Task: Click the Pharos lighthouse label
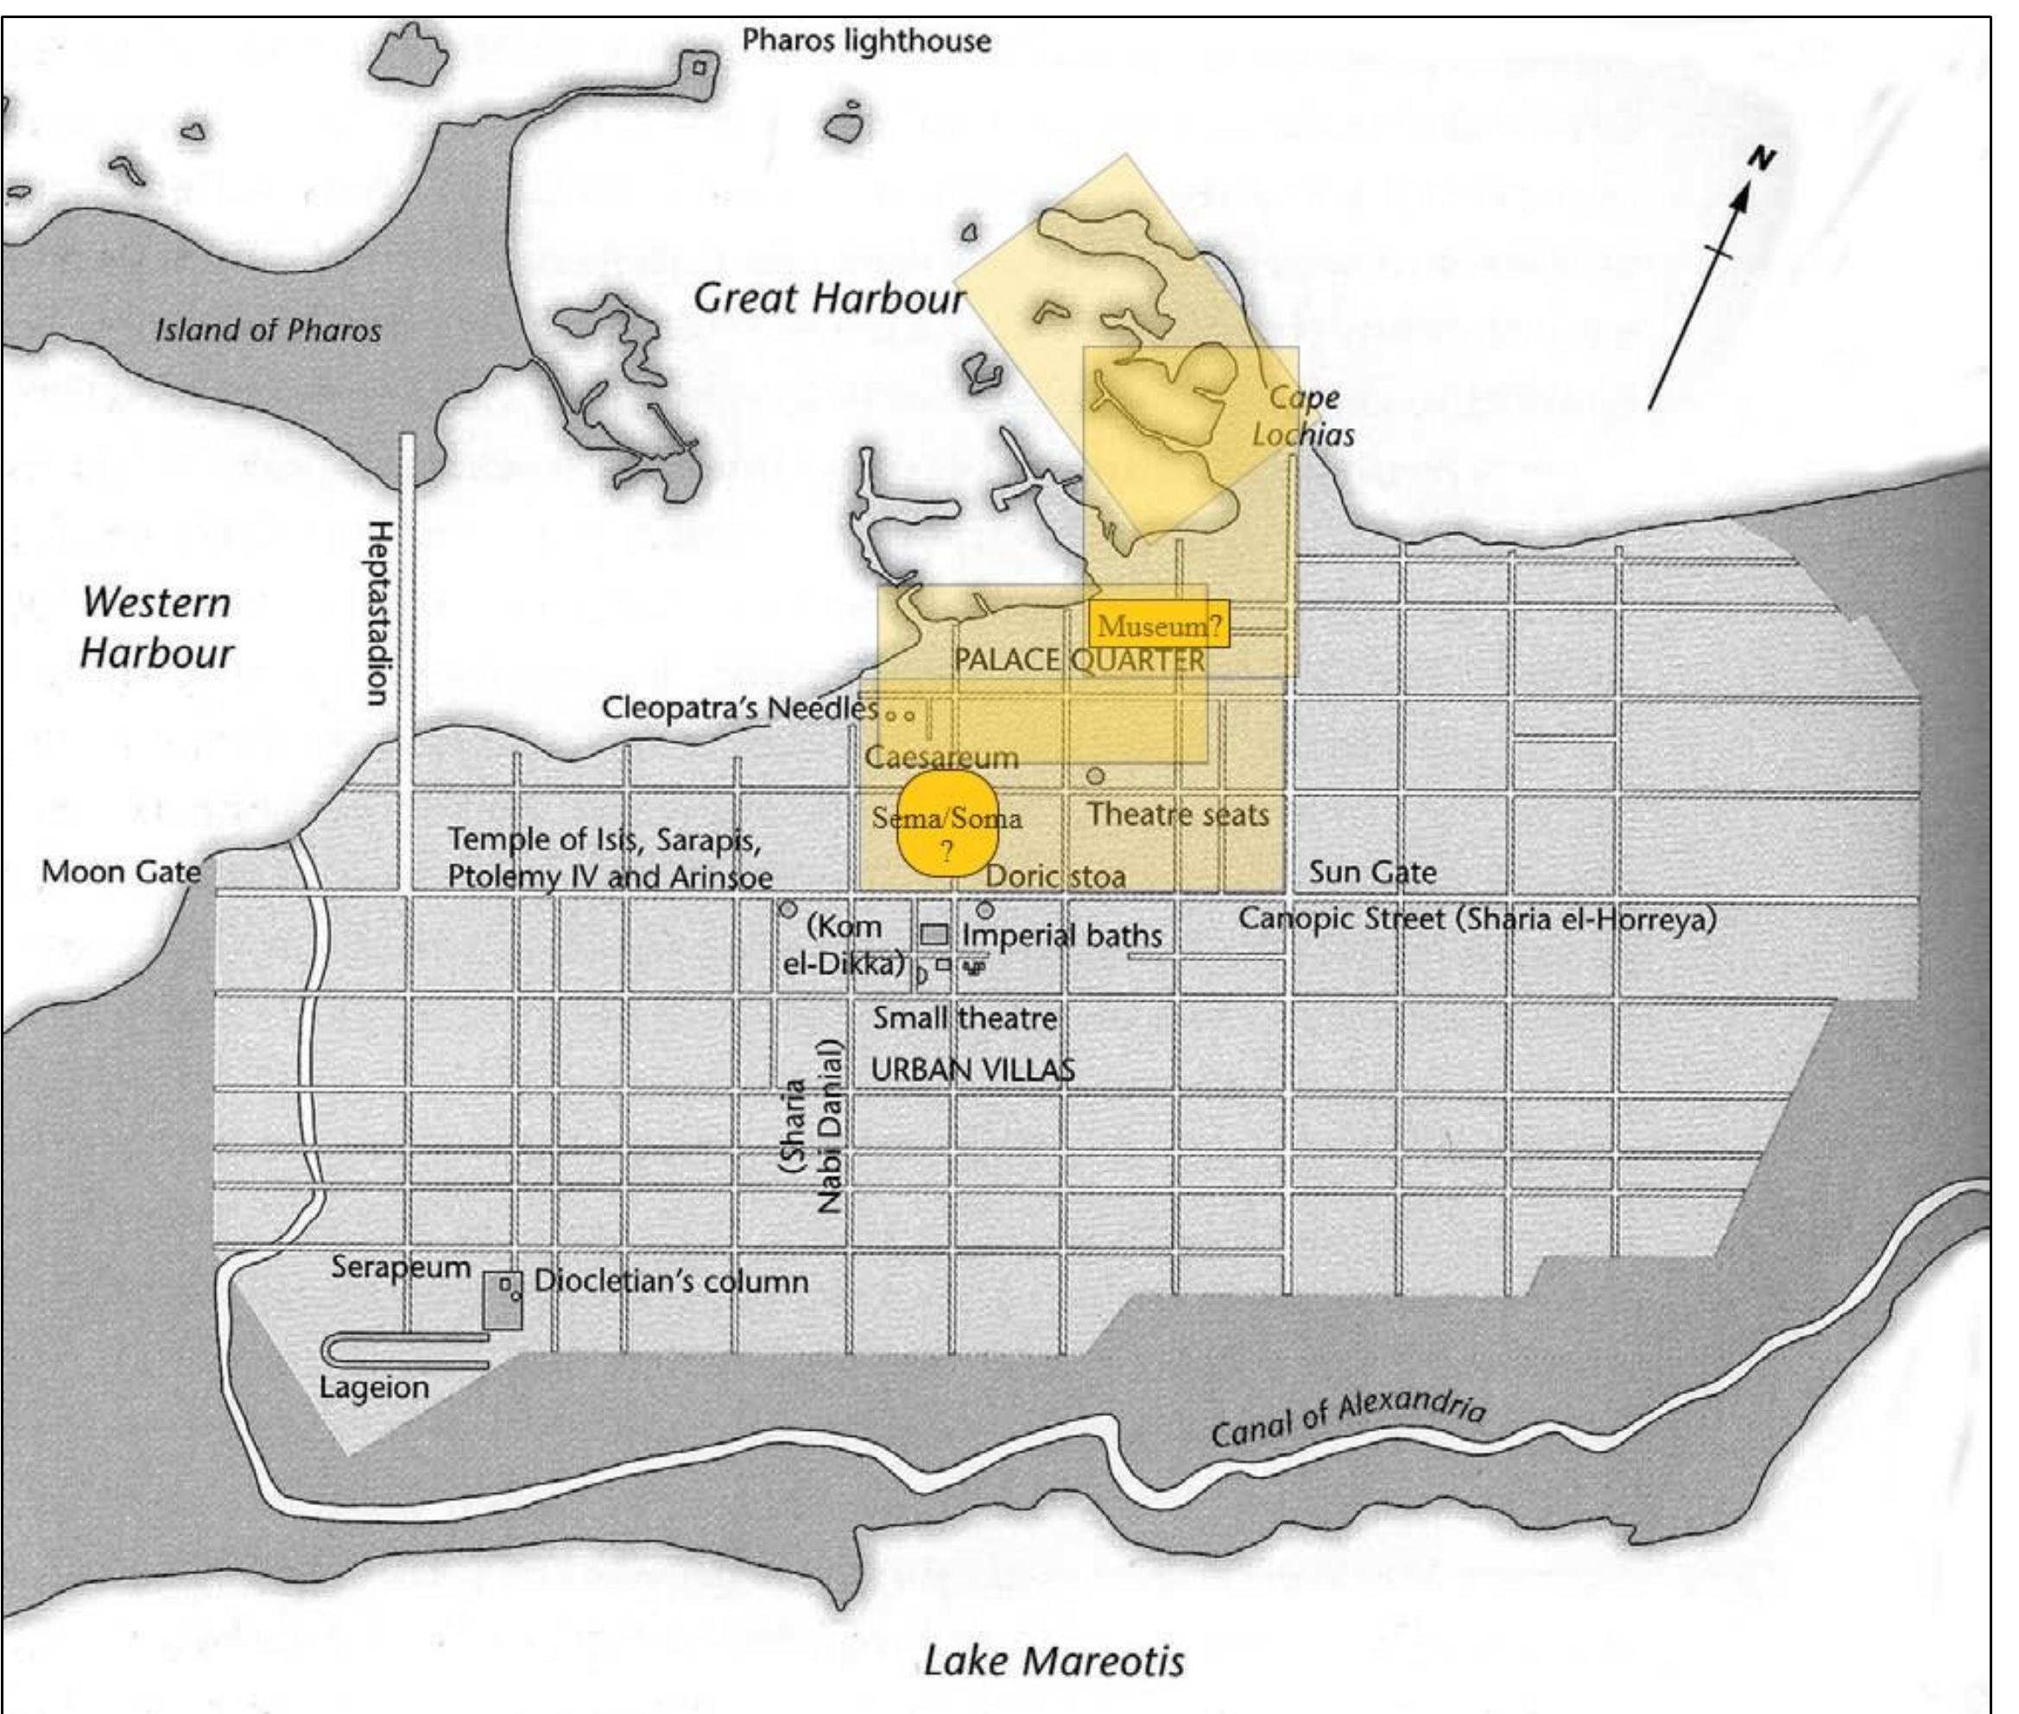[865, 41]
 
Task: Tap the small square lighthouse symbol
[699, 67]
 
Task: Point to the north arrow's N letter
[1762, 161]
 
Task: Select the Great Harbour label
[829, 298]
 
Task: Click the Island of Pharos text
[269, 331]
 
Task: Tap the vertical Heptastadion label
[380, 612]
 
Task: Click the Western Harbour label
[156, 628]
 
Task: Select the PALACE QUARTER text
[1079, 661]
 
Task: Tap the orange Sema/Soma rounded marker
[946, 824]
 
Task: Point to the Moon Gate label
[121, 871]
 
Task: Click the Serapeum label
[401, 1267]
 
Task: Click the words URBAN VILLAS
[972, 1070]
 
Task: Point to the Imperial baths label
[1061, 936]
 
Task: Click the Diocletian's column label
[670, 1281]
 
